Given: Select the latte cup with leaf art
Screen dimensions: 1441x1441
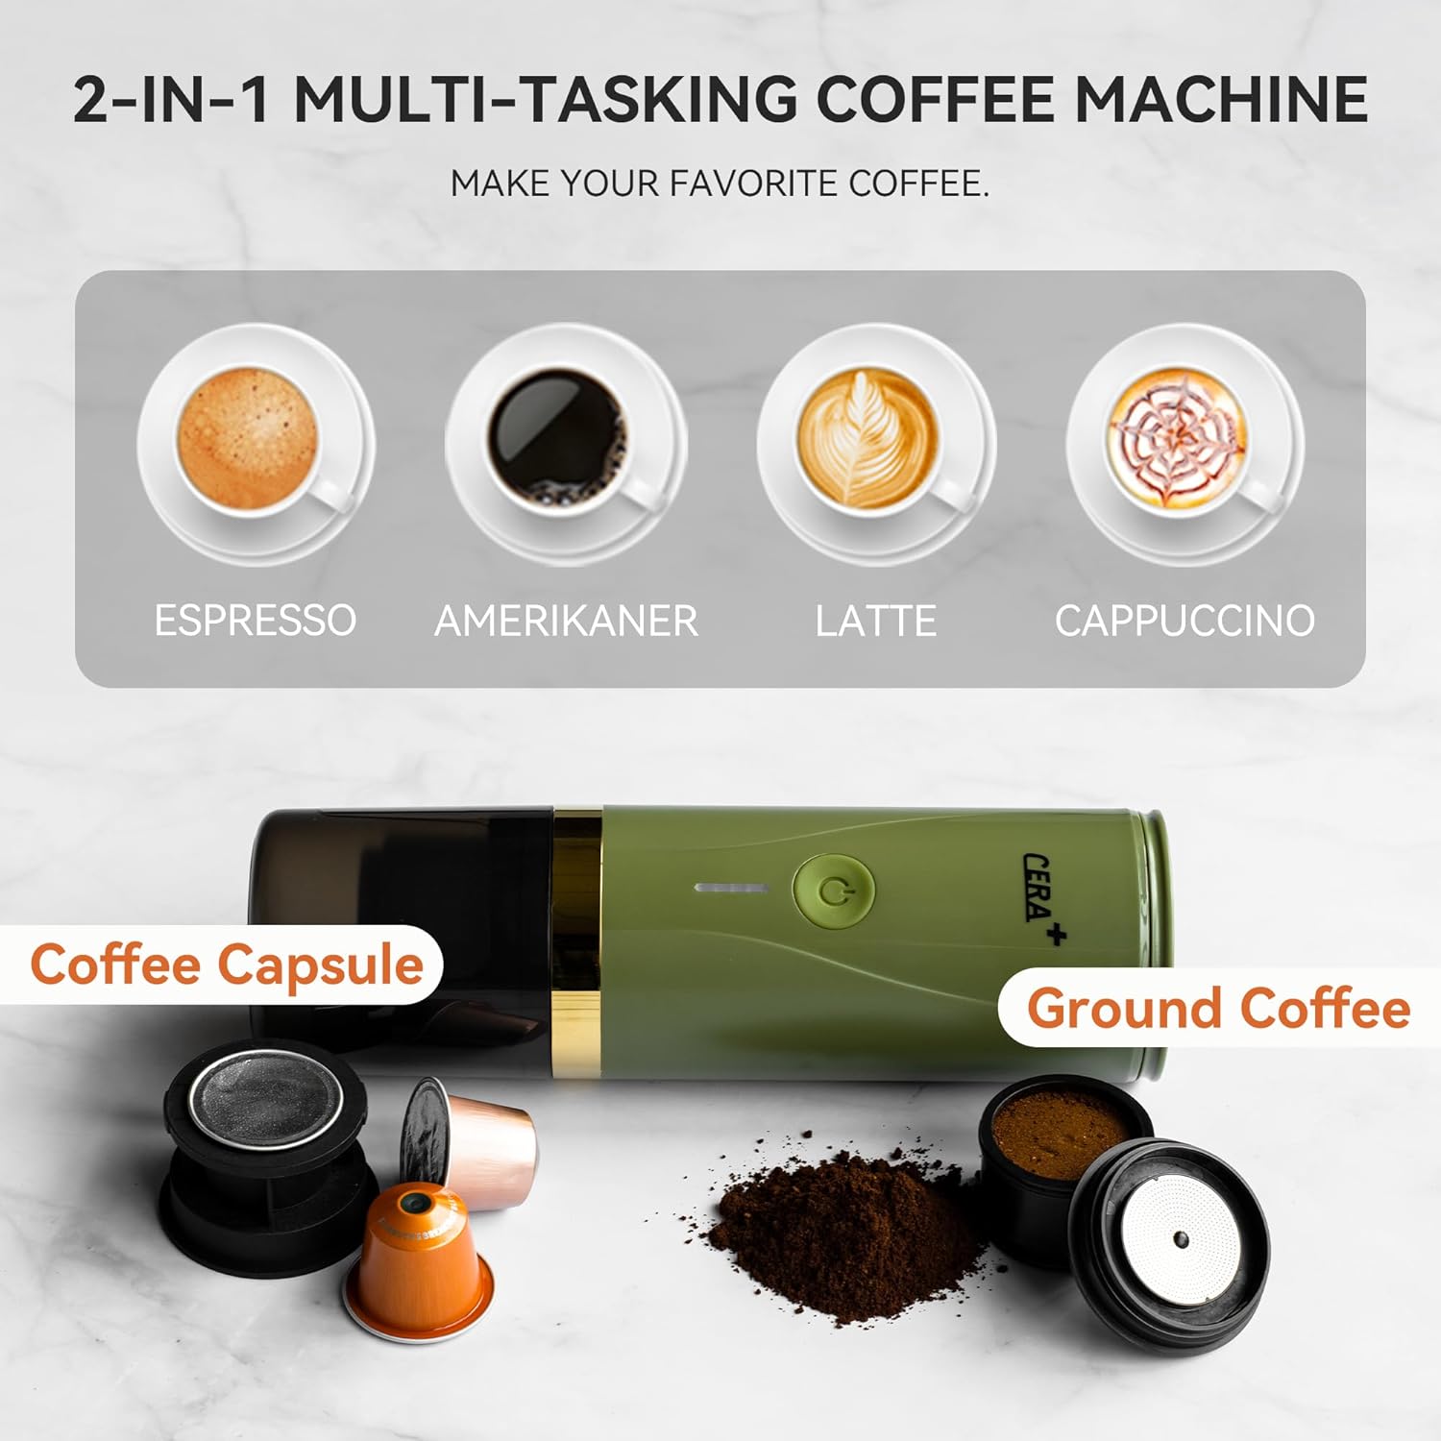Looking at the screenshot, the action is coord(875,444).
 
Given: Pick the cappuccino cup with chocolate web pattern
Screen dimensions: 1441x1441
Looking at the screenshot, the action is coord(1185,444).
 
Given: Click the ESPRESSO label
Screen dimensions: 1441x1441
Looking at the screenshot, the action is coord(256,621).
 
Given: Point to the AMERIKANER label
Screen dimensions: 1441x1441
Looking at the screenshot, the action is coord(566,621).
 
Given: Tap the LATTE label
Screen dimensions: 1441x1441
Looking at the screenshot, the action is coord(875,621).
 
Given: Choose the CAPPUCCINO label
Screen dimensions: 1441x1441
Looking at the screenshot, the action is coord(1185,621).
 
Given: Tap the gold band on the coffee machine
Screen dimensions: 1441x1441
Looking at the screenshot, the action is coord(577,942).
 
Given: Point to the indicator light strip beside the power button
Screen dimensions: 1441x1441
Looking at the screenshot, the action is coord(731,888).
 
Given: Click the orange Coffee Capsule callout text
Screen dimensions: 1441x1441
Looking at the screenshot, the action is coord(227,966).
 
